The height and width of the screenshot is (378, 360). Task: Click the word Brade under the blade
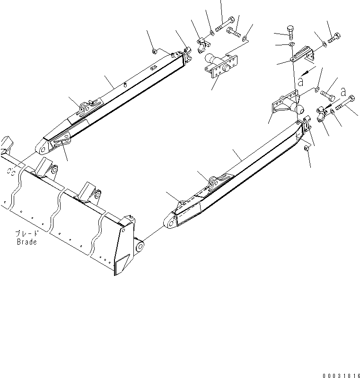click(x=27, y=242)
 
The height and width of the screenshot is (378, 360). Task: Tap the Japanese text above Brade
click(x=27, y=233)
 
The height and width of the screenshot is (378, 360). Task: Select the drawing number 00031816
click(x=341, y=376)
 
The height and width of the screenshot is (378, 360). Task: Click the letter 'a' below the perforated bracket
click(x=300, y=81)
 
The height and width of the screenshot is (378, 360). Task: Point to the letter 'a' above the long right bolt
click(x=343, y=92)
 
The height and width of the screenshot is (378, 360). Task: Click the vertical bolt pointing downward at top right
click(x=290, y=32)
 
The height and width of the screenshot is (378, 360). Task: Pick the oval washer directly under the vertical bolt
click(x=292, y=44)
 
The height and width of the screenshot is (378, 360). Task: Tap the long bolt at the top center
click(x=225, y=24)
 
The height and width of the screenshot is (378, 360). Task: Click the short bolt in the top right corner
click(x=334, y=38)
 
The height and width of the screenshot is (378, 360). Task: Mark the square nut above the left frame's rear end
click(x=154, y=51)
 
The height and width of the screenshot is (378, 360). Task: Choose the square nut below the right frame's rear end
click(x=307, y=148)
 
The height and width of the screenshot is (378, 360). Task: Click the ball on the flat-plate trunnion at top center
click(x=209, y=58)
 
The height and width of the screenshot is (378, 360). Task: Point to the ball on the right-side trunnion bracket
click(x=299, y=109)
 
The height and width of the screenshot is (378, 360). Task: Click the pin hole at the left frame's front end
click(x=43, y=150)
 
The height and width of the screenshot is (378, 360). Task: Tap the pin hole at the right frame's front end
click(x=171, y=224)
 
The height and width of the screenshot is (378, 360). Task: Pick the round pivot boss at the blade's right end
click(x=140, y=247)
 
